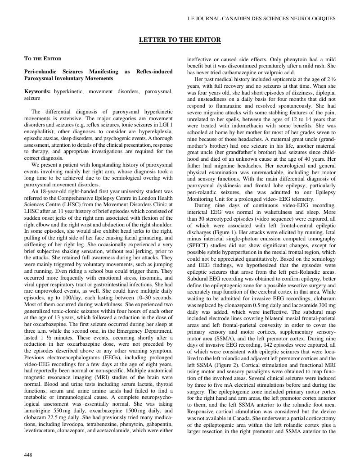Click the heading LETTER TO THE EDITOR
coord(180,40)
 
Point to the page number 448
coord(28,455)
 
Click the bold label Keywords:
coord(37,91)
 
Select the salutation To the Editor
coord(43,59)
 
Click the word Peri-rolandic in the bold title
coord(40,72)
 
